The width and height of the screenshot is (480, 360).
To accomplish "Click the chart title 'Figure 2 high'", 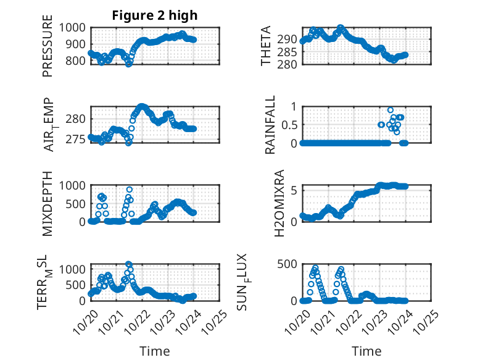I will tap(154, 15).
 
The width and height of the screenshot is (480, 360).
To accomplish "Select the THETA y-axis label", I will tap(266, 46).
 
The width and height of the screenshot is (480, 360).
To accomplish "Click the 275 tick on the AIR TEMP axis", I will tap(78, 139).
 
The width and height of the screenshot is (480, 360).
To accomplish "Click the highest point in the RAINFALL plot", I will tap(391, 110).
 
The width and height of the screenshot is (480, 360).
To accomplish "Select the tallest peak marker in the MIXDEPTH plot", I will tap(130, 190).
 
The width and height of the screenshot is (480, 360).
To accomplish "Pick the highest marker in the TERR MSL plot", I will tap(129, 264).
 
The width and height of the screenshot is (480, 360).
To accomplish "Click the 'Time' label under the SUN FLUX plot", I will tap(366, 351).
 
